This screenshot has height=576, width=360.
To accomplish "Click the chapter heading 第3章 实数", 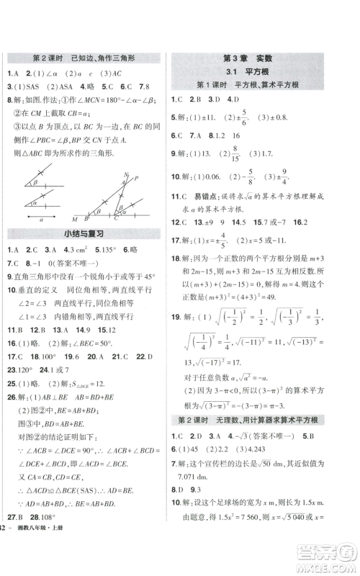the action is point(264,58).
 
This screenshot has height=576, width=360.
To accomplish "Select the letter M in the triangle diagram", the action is point(74,218).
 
